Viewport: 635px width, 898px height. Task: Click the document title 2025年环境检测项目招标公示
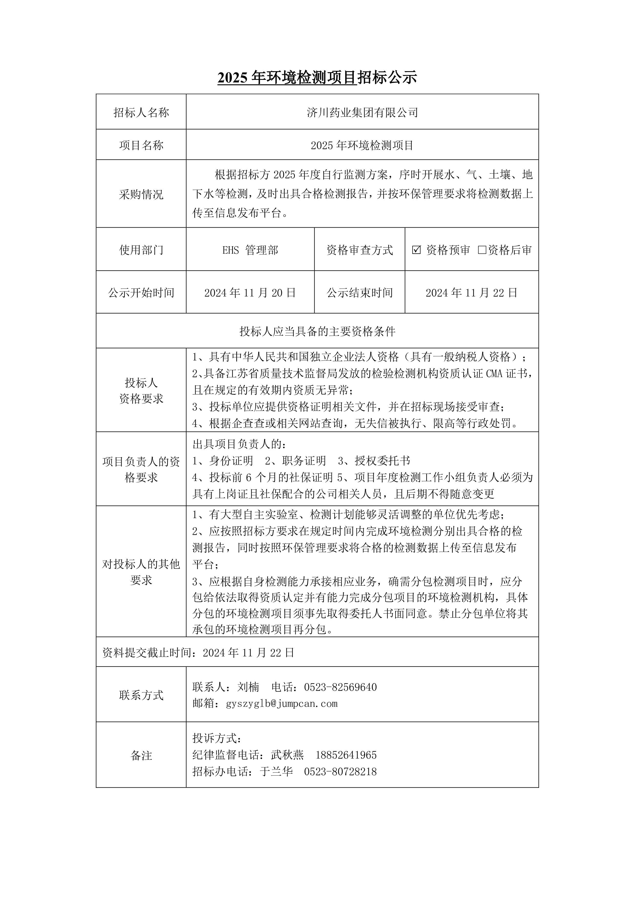[x=317, y=78]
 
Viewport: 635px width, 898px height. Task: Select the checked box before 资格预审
[x=416, y=250]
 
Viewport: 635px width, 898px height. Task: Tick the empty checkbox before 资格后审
[x=482, y=250]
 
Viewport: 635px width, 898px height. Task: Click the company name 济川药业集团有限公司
[x=362, y=113]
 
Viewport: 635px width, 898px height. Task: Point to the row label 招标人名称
[x=141, y=113]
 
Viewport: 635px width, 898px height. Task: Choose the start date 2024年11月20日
[x=250, y=293]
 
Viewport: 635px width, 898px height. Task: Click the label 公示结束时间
[x=360, y=293]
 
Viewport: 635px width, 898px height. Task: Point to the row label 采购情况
[x=141, y=194]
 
